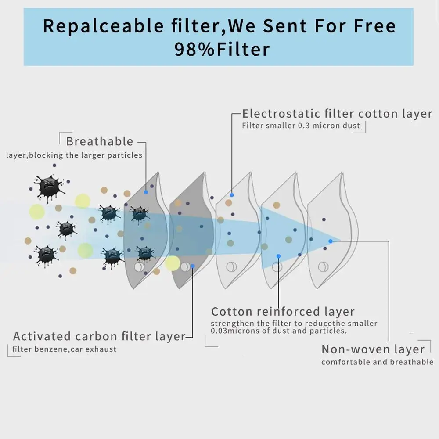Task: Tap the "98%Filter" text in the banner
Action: point(222,49)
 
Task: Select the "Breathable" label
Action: point(99,141)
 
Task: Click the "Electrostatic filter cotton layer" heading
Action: point(337,114)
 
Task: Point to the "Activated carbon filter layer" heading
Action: point(99,337)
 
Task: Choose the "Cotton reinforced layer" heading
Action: point(283,312)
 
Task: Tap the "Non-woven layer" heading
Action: point(373,349)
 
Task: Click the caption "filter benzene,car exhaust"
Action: point(64,349)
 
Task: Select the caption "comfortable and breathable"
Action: point(377,362)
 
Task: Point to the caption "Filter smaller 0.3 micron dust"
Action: point(301,126)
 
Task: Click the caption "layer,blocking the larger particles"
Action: point(74,155)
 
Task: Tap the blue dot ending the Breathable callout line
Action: point(146,192)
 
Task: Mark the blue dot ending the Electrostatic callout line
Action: point(232,195)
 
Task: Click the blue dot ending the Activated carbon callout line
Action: point(192,266)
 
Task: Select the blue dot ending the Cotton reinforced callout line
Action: point(278,255)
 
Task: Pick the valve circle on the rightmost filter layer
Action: point(323,266)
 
